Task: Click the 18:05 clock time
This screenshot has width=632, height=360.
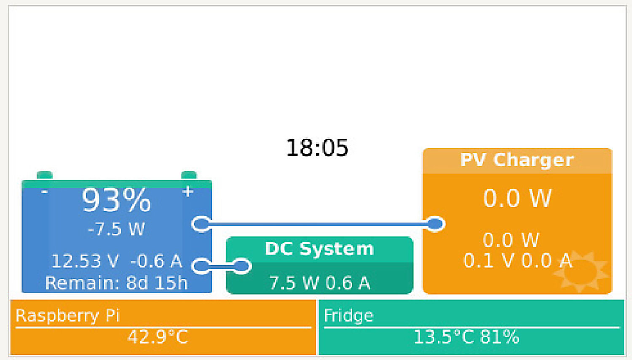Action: pos(317,148)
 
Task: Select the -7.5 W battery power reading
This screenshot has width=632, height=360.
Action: pos(117,229)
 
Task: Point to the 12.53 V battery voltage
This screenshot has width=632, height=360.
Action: pos(85,261)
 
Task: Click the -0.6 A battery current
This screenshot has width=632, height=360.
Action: pos(156,261)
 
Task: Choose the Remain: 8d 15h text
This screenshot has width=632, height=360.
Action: pos(117,283)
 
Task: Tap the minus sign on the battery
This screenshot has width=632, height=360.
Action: pos(44,192)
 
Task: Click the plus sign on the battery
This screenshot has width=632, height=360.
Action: pos(187,192)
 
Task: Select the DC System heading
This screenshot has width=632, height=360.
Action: pos(319,249)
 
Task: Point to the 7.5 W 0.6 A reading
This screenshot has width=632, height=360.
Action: pos(319,282)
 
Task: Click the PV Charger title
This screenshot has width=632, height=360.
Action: pos(517,160)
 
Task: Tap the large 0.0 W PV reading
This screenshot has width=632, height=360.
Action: pos(517,198)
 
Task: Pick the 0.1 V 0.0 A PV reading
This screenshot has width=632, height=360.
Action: pos(518,261)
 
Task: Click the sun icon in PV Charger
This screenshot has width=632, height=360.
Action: pos(580,271)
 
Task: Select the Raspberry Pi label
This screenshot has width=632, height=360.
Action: pos(68,315)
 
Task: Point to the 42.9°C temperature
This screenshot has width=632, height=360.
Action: pos(158,337)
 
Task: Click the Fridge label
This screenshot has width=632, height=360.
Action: pos(349,315)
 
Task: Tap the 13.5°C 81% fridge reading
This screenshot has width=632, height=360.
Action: pos(466,337)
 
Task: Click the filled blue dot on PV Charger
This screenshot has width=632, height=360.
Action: pos(435,224)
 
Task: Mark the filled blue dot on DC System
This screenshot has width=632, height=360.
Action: pos(241,266)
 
